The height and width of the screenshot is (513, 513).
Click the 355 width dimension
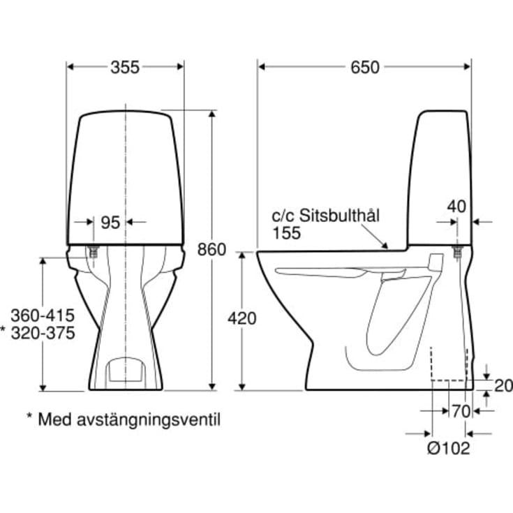click(x=125, y=68)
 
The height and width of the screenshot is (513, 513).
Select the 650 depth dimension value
click(x=365, y=68)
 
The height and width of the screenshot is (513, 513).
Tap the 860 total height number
click(x=211, y=250)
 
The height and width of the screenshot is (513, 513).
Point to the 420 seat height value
click(x=242, y=318)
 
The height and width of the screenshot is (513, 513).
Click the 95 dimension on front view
click(x=110, y=223)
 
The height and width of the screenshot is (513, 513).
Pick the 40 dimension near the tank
click(x=456, y=207)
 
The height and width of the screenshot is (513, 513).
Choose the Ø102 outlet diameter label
click(x=449, y=448)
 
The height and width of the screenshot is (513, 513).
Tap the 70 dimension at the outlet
click(x=461, y=411)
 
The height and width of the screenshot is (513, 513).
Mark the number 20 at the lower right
click(x=503, y=386)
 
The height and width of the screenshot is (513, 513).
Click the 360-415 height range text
click(x=43, y=315)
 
